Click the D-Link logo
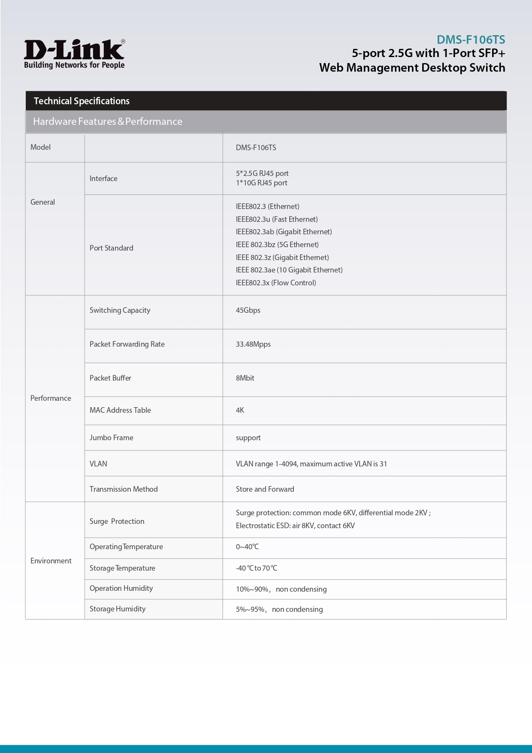[74, 54]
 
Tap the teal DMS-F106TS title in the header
[471, 40]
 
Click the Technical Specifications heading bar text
[82, 101]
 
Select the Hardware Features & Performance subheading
[108, 122]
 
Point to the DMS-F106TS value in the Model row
[256, 148]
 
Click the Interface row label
[103, 178]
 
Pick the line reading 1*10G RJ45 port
[261, 183]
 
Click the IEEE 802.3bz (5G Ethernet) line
[277, 245]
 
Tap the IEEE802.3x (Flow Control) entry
[276, 283]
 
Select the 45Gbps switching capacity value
[248, 310]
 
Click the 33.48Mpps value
[253, 344]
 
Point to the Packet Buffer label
[110, 378]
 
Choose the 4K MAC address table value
[240, 410]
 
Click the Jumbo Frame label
[111, 438]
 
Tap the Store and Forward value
[265, 489]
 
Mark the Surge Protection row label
[117, 521]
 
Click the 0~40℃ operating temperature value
[247, 547]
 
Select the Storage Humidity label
[118, 609]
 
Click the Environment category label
[51, 561]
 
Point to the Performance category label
[51, 398]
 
